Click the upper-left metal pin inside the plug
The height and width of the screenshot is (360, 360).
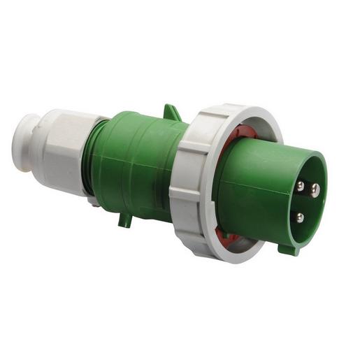coord(300,186)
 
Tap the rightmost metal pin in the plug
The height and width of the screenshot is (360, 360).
coord(315,188)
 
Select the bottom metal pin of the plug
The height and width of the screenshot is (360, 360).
coord(300,217)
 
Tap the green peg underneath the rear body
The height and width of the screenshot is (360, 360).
coord(125,219)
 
